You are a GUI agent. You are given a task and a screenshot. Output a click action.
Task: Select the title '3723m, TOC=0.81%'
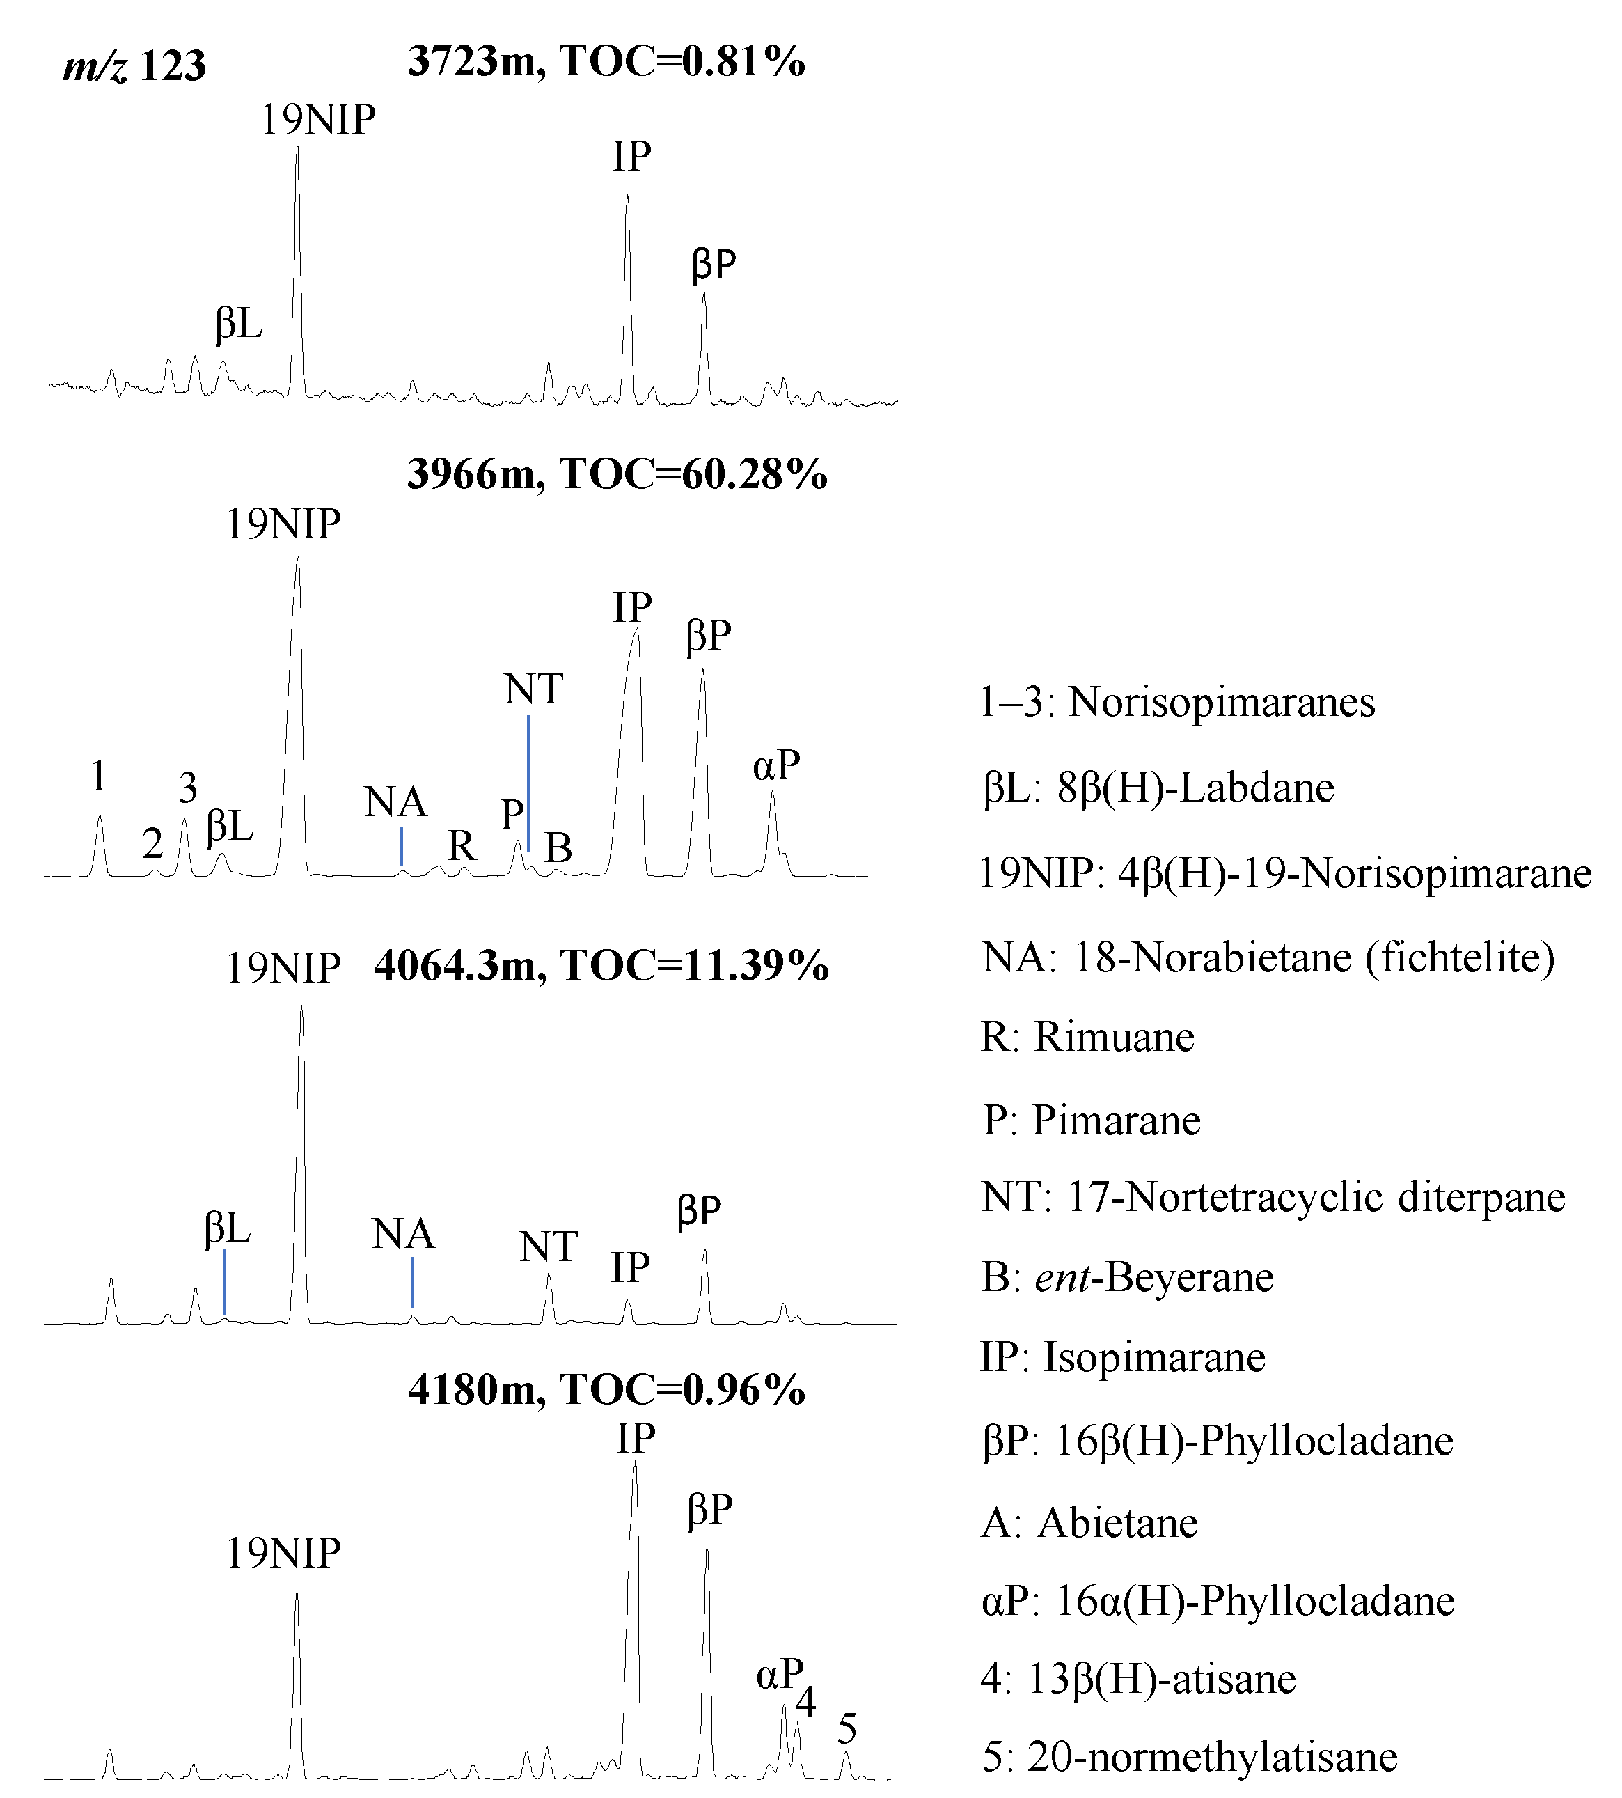point(606,61)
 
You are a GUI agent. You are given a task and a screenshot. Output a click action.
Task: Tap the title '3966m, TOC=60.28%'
point(617,474)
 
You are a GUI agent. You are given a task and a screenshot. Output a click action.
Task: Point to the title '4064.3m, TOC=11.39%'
point(601,965)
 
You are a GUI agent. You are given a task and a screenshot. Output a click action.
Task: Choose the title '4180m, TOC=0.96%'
point(607,1389)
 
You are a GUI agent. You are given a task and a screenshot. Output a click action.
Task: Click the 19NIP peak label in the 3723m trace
point(317,120)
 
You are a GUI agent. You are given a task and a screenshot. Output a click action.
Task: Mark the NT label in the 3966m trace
point(533,689)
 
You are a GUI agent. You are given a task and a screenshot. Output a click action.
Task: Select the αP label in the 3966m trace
point(776,765)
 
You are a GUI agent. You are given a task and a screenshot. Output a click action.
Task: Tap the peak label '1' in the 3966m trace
point(99,776)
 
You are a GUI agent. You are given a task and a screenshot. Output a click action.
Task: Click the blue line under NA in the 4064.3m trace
point(413,1282)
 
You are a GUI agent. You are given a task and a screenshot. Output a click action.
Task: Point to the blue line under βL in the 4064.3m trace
point(223,1282)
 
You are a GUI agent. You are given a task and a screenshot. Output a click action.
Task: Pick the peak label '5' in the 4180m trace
point(847,1729)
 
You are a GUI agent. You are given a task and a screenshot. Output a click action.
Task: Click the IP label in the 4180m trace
point(636,1438)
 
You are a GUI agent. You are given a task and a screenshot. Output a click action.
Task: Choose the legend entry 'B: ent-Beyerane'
point(1127,1277)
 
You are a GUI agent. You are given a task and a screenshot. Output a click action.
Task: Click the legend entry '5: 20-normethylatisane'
point(1189,1757)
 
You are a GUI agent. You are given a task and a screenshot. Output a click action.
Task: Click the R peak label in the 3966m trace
point(461,845)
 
